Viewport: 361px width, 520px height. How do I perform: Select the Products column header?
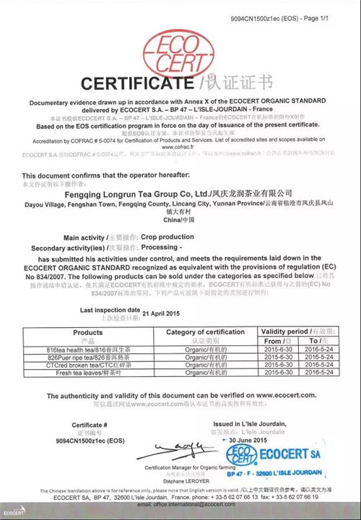pos(88,332)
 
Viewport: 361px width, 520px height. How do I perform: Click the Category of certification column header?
pos(206,332)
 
